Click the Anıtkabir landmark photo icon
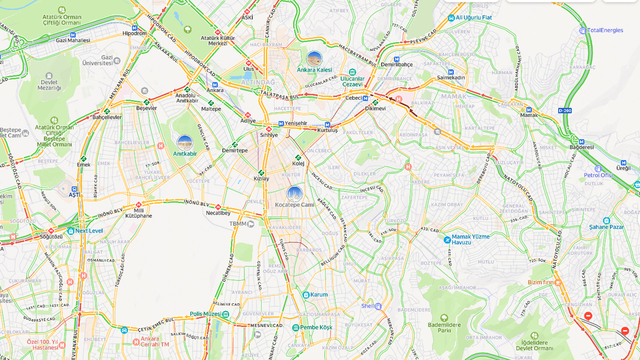185,142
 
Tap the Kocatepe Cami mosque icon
294,194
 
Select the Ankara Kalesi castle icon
314,59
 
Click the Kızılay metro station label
261,178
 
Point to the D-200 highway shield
564,110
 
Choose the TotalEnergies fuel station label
605,30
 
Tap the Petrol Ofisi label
598,175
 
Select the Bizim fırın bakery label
541,282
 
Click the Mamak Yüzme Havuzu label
467,239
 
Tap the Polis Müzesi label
205,314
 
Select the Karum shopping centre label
318,295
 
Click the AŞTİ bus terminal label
74,194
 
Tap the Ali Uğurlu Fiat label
473,17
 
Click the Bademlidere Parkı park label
444,327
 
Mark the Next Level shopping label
88,231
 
